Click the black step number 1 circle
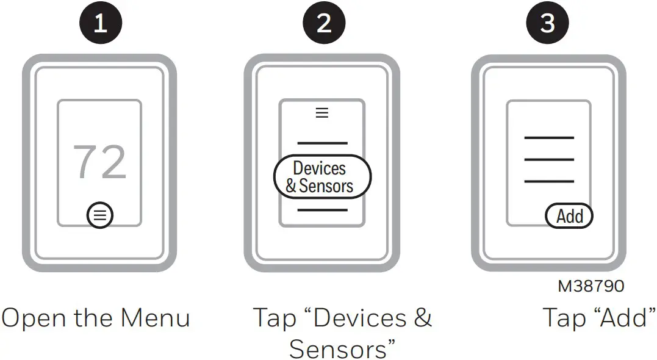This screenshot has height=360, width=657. [101, 23]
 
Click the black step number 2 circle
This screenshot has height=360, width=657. [324, 23]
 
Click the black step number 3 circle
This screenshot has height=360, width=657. [547, 23]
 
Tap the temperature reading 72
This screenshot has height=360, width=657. [99, 162]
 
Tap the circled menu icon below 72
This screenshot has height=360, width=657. [100, 215]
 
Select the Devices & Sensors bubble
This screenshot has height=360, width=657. [321, 177]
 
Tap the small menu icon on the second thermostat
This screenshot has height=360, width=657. [321, 113]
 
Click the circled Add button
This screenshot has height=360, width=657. [569, 216]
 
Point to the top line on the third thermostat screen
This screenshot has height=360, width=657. [548, 138]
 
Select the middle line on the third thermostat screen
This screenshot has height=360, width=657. [548, 159]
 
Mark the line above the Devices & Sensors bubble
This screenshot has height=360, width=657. [321, 143]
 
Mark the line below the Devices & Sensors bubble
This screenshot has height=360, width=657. [321, 210]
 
